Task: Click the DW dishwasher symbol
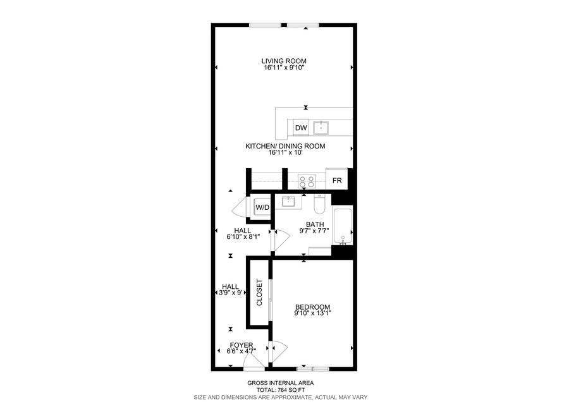[x=301, y=128]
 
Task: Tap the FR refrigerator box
[x=337, y=180]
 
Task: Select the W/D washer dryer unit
[x=262, y=207]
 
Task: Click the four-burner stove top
[x=307, y=181]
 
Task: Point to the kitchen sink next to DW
[x=321, y=128]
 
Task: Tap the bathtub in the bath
[x=343, y=226]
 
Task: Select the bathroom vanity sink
[x=288, y=201]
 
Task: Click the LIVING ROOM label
[x=284, y=61]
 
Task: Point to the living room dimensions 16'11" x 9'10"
[x=284, y=68]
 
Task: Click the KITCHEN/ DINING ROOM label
[x=285, y=146]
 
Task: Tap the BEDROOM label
[x=312, y=307]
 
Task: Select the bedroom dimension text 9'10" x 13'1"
[x=313, y=313]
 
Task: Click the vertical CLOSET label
[x=259, y=293]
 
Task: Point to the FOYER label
[x=242, y=345]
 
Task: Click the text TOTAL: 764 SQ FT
[x=281, y=390]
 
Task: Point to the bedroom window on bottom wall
[x=313, y=369]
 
